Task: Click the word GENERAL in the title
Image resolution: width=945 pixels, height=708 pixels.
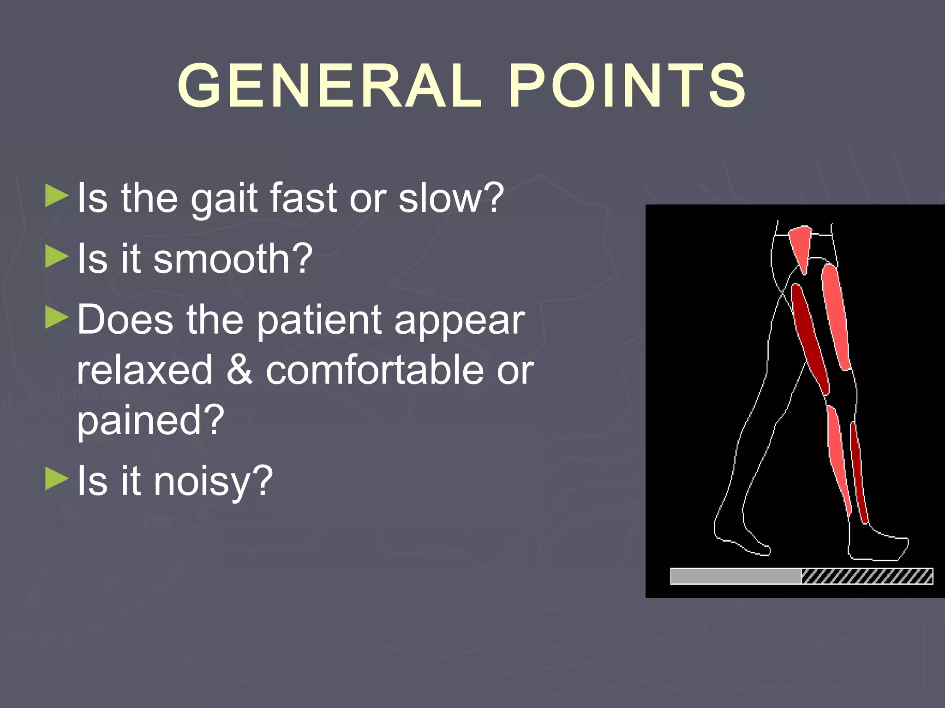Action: (x=329, y=86)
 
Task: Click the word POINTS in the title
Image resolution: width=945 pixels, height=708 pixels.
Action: (x=627, y=86)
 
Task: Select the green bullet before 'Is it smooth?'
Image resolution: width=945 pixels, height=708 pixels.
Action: (x=57, y=257)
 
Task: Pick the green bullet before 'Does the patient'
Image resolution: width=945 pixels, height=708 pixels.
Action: (x=57, y=318)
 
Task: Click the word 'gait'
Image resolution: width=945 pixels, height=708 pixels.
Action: (x=224, y=199)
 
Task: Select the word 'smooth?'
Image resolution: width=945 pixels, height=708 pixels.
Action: (x=233, y=259)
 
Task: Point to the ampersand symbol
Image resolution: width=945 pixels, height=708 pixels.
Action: (x=239, y=370)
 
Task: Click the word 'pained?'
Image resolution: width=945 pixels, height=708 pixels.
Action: (x=150, y=420)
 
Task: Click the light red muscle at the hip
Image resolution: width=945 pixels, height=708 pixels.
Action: (x=801, y=247)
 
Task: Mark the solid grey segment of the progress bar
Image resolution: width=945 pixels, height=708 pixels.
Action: (x=736, y=576)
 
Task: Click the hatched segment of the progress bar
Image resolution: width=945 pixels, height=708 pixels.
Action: (x=867, y=576)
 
